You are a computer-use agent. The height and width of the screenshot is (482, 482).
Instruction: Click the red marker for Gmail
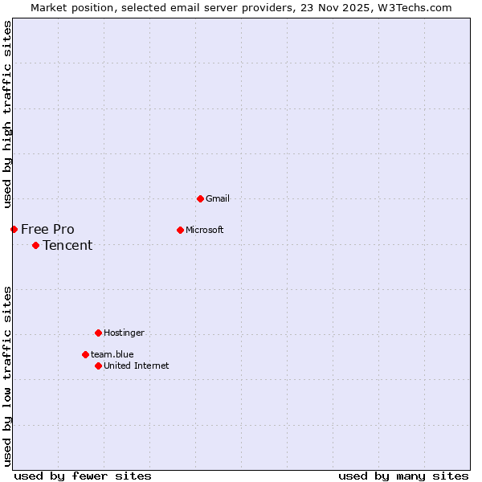200,198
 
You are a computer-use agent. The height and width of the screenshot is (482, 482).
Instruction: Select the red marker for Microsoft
180,230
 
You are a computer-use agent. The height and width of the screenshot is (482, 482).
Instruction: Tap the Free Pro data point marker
14,230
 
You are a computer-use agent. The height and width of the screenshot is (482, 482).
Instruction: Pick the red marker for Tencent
35,246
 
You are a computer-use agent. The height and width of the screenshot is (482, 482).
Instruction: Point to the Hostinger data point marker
98,333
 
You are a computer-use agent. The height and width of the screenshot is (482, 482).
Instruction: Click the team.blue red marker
85,354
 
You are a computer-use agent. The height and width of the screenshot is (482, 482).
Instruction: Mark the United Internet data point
98,366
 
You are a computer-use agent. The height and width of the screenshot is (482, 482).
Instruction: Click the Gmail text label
218,198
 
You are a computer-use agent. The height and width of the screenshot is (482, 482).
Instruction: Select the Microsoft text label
204,230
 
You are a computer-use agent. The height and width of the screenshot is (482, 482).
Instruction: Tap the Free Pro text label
47,230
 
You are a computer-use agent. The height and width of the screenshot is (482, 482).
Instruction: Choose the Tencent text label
67,246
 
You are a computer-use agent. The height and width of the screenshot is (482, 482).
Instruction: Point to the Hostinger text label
124,333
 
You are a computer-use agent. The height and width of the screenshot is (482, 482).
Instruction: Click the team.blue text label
112,354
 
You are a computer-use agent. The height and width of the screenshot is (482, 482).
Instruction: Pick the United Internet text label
136,366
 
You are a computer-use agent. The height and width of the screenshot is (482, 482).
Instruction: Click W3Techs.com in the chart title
415,7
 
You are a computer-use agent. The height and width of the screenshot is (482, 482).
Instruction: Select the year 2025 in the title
358,7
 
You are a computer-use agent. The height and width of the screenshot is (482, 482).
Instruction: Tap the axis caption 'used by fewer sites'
83,476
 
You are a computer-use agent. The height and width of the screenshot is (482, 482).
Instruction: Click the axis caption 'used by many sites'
403,476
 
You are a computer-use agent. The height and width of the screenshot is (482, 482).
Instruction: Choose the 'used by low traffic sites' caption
7,375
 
